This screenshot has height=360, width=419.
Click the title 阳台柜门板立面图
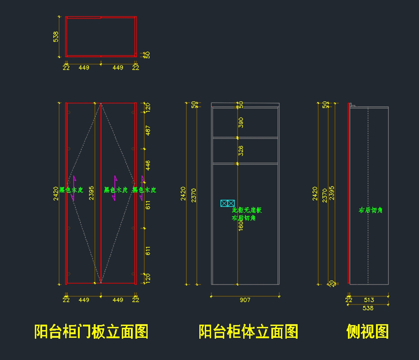tap(91, 331)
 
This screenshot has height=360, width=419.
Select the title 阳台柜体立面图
tap(248, 331)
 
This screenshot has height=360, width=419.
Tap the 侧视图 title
tap(367, 331)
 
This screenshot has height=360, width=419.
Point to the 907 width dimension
tap(245, 300)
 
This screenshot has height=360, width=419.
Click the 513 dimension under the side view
tap(369, 300)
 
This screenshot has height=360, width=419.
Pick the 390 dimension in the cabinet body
tap(241, 122)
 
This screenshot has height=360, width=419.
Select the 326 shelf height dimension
tap(241, 151)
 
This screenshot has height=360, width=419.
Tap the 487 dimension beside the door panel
tap(148, 130)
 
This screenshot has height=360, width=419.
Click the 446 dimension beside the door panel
tap(148, 166)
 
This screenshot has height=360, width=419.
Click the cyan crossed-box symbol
tap(227, 203)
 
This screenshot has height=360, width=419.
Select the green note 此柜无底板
tap(247, 210)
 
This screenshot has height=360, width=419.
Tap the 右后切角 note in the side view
tap(371, 210)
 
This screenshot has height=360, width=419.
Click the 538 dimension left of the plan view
tap(56, 37)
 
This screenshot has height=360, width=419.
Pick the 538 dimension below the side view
tap(368, 308)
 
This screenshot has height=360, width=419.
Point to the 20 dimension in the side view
tap(332, 283)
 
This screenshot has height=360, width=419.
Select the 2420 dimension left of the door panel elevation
tap(56, 194)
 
